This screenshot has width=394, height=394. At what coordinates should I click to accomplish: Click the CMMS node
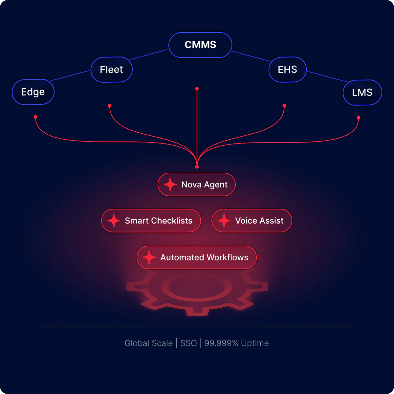[x=200, y=45]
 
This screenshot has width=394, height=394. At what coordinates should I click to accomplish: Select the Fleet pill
[x=111, y=70]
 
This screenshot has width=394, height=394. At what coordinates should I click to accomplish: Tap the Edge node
[x=33, y=92]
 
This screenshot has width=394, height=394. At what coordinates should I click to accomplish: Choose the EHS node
[x=287, y=70]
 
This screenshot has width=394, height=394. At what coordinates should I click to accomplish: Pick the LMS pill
[x=362, y=92]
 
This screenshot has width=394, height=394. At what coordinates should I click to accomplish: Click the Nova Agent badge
[x=196, y=185]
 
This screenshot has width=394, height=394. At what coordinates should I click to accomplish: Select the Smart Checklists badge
[x=151, y=221]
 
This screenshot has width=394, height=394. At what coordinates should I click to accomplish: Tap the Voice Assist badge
[x=252, y=221]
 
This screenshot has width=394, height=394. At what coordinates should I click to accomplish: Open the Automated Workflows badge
[x=196, y=257]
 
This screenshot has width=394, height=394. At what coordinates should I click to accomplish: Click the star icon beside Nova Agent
[x=170, y=185]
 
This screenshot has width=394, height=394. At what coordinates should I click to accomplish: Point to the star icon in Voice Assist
[x=224, y=221]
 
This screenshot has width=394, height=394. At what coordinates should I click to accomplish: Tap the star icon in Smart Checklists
[x=114, y=221]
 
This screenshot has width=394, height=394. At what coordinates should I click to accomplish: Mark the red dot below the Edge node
[x=35, y=117]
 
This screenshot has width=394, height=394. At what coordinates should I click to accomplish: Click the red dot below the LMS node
[x=359, y=118]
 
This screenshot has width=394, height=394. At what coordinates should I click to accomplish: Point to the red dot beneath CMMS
[x=197, y=89]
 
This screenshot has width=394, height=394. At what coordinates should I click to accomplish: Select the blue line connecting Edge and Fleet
[x=70, y=76]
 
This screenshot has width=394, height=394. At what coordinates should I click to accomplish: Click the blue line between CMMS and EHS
[x=251, y=56]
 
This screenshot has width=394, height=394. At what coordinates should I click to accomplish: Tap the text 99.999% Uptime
[x=236, y=343]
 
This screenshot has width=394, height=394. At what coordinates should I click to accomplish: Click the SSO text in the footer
[x=188, y=343]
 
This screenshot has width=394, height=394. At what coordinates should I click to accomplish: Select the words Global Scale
[x=149, y=343]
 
